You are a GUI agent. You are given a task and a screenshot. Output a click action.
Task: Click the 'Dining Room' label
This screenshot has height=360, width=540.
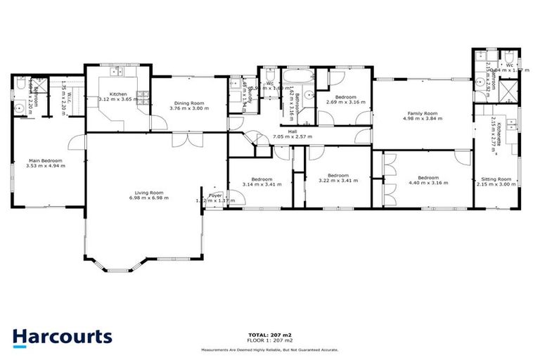coord(188,103)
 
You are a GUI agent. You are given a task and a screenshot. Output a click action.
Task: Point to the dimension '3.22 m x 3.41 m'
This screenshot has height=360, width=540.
coord(337,181)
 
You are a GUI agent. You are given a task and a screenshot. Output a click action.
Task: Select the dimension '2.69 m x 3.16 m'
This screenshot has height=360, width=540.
coord(345,103)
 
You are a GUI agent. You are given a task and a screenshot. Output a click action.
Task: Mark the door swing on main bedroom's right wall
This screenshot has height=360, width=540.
coord(75,145)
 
